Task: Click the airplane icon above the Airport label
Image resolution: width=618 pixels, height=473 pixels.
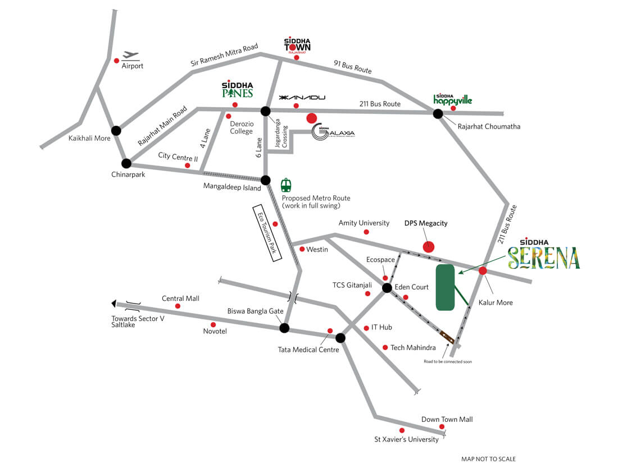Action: tap(130, 55)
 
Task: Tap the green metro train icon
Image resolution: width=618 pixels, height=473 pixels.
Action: tap(287, 184)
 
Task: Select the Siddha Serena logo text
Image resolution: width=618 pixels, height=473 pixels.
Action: tap(543, 257)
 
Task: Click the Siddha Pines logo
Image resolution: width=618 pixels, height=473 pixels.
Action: tap(237, 89)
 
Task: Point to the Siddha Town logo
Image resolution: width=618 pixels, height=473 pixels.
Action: tap(297, 46)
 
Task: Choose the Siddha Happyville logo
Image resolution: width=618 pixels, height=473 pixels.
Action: tap(453, 99)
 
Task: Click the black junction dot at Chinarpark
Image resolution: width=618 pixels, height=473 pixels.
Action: tap(126, 163)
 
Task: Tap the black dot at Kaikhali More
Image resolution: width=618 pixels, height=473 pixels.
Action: tap(116, 131)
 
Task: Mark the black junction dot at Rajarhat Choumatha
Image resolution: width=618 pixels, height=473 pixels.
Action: tap(438, 114)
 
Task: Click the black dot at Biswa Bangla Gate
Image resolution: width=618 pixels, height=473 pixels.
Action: tap(284, 328)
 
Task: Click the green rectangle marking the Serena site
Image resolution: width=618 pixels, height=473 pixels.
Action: tap(446, 287)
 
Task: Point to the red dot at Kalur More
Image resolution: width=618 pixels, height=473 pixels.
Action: tap(483, 271)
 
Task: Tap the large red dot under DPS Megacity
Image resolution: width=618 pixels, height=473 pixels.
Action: tap(429, 246)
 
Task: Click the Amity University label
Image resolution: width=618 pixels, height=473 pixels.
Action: tap(363, 223)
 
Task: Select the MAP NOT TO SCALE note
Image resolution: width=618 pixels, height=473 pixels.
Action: tap(488, 459)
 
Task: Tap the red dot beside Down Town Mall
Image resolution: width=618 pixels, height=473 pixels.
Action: tap(442, 427)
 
